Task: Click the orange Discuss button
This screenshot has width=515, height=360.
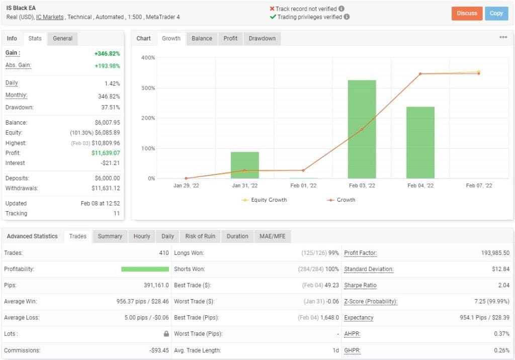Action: tap(467, 14)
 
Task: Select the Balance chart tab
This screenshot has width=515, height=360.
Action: tap(202, 39)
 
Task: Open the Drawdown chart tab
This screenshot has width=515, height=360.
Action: tap(262, 39)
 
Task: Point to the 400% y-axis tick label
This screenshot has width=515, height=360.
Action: tap(148, 58)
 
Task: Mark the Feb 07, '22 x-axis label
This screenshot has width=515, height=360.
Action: tap(479, 186)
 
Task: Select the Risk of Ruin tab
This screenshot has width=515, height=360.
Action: tap(200, 236)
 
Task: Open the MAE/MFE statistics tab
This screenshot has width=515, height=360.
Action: tap(273, 236)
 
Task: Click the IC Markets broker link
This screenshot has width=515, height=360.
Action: tap(50, 17)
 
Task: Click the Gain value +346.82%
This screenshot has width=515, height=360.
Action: tap(107, 53)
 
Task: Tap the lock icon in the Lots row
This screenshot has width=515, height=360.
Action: tap(166, 334)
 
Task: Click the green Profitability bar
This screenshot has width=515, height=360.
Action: tap(145, 269)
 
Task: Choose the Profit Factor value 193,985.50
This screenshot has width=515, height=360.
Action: tap(488, 253)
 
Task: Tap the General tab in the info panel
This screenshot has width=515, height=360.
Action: tap(62, 39)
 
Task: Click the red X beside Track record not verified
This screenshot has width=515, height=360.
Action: tap(272, 9)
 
